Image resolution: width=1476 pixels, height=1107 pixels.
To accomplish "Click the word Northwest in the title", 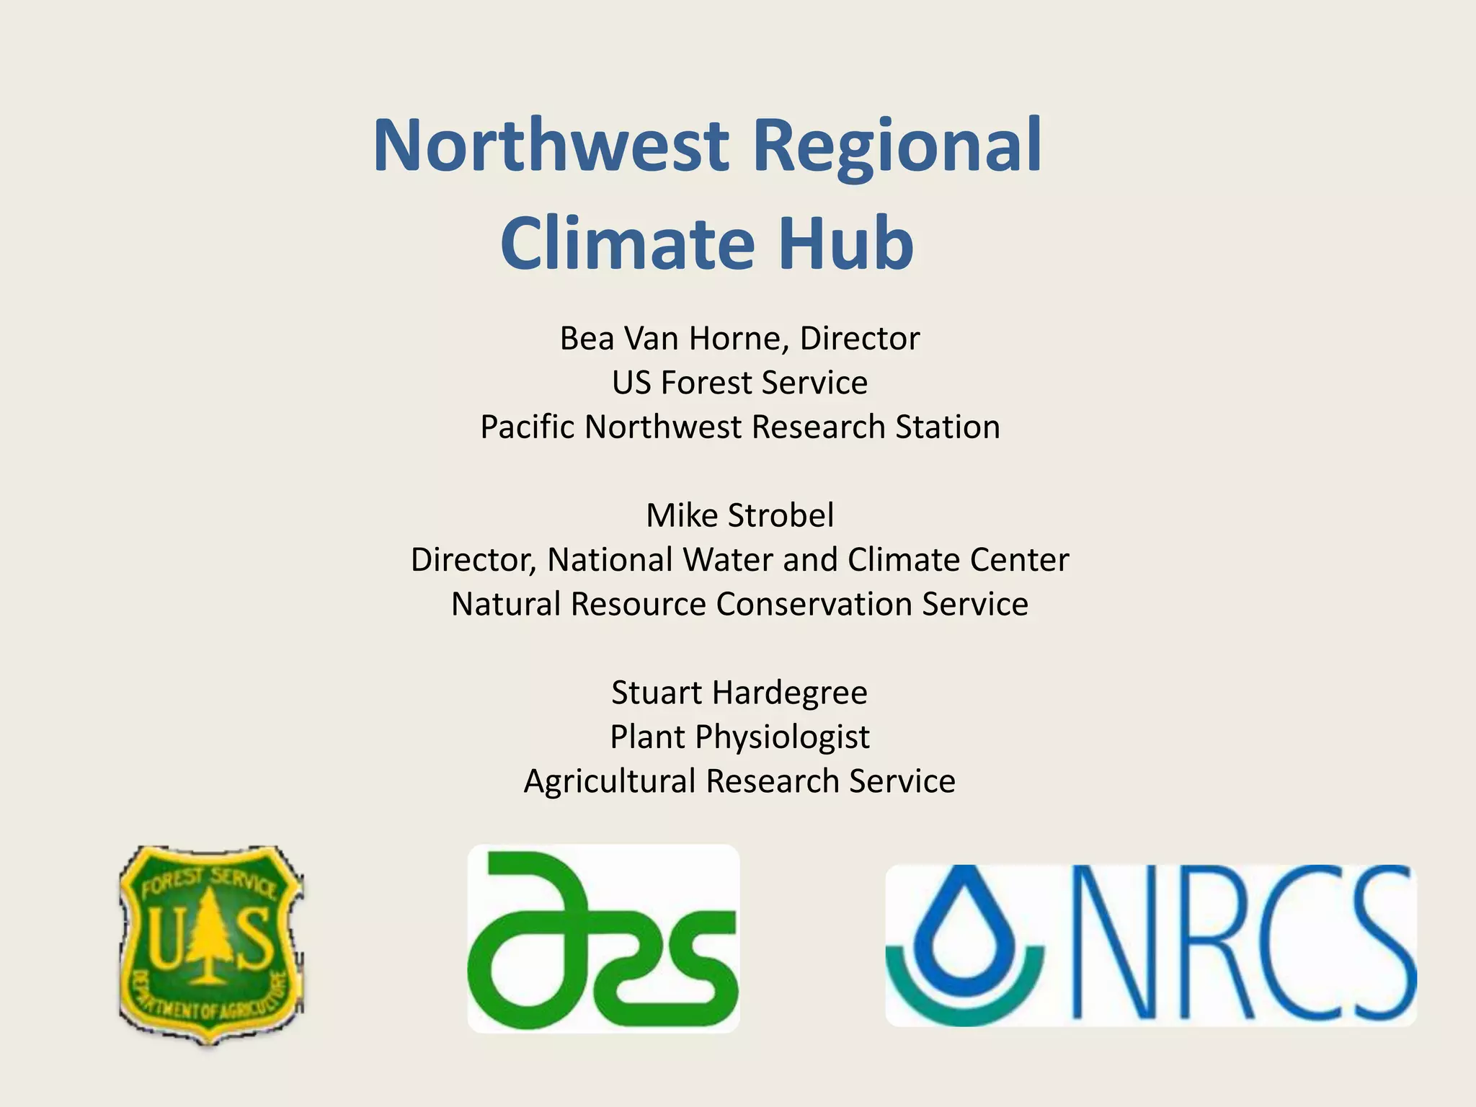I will coord(552,146).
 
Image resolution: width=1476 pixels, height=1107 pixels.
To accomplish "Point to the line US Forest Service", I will coord(739,382).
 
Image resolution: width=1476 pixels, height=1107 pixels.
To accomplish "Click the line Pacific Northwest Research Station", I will coord(739,427).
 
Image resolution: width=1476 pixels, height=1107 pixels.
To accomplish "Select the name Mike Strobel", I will coord(739,515).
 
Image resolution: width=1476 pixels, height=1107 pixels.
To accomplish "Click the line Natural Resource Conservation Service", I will coord(739,604).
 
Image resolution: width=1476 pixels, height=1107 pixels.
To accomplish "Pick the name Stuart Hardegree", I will coord(739,693).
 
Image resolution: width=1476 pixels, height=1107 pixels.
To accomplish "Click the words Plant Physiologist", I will coord(739,737).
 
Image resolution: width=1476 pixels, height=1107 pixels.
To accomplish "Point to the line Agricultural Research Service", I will coord(739,781).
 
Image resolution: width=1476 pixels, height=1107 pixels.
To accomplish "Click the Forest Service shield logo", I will coord(211,944).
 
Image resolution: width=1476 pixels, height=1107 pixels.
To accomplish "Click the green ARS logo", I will coord(603,939).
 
